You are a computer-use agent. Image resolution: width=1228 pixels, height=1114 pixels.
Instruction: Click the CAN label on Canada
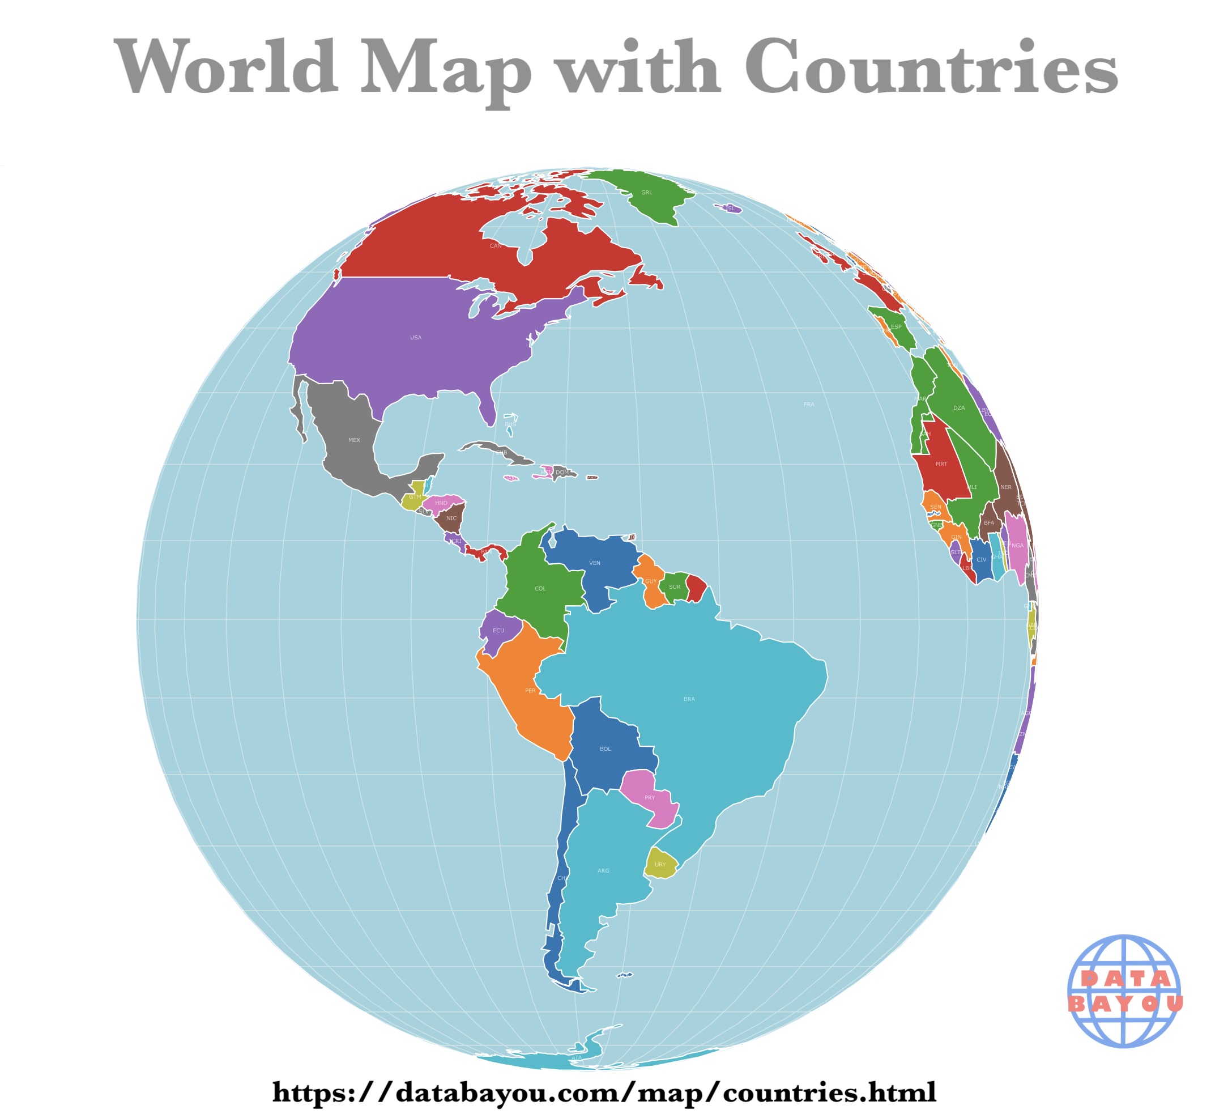tap(496, 246)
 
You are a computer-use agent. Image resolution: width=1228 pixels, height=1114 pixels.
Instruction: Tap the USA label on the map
tap(415, 338)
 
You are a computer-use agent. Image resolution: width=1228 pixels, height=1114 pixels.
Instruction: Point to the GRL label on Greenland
tap(646, 193)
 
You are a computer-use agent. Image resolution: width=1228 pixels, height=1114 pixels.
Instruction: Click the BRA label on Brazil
tap(689, 699)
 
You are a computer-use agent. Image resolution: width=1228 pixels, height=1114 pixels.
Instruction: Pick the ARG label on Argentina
tap(603, 871)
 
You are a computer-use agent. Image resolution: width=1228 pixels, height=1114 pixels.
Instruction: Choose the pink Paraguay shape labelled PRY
tap(650, 798)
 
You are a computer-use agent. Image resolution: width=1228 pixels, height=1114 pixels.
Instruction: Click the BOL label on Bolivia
tap(605, 749)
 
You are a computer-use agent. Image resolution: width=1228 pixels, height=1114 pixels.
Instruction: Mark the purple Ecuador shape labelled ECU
tap(498, 630)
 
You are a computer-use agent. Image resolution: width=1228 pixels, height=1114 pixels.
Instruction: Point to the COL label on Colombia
tap(540, 589)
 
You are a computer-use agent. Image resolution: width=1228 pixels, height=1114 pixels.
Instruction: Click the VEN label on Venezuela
tap(595, 563)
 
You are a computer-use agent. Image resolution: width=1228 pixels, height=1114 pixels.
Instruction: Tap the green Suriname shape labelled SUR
tap(674, 587)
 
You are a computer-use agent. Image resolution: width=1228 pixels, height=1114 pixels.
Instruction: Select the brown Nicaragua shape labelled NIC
tap(451, 518)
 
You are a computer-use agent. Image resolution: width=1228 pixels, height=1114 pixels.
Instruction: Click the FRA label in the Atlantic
tap(809, 405)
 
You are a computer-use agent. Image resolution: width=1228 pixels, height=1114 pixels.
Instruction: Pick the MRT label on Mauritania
tap(941, 464)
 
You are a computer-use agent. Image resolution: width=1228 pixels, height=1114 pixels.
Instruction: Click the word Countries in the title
tap(931, 67)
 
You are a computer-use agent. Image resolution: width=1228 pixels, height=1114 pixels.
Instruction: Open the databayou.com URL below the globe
tap(604, 1092)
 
